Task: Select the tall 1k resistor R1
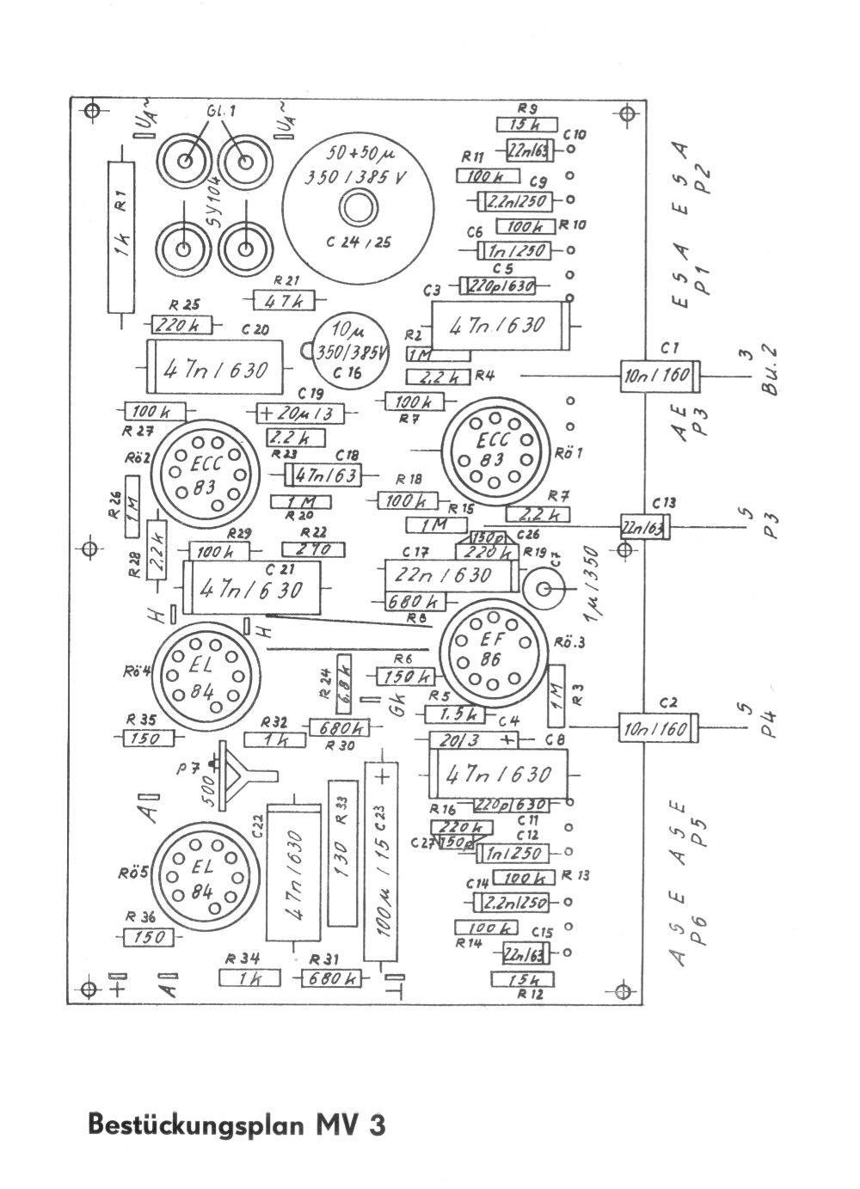[x=122, y=236]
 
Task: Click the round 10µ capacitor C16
[x=348, y=352]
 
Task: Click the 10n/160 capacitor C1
[x=659, y=377]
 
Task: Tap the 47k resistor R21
[x=284, y=301]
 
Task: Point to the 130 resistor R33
[x=342, y=853]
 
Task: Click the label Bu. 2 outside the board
[x=770, y=371]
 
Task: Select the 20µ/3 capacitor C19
[x=299, y=414]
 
